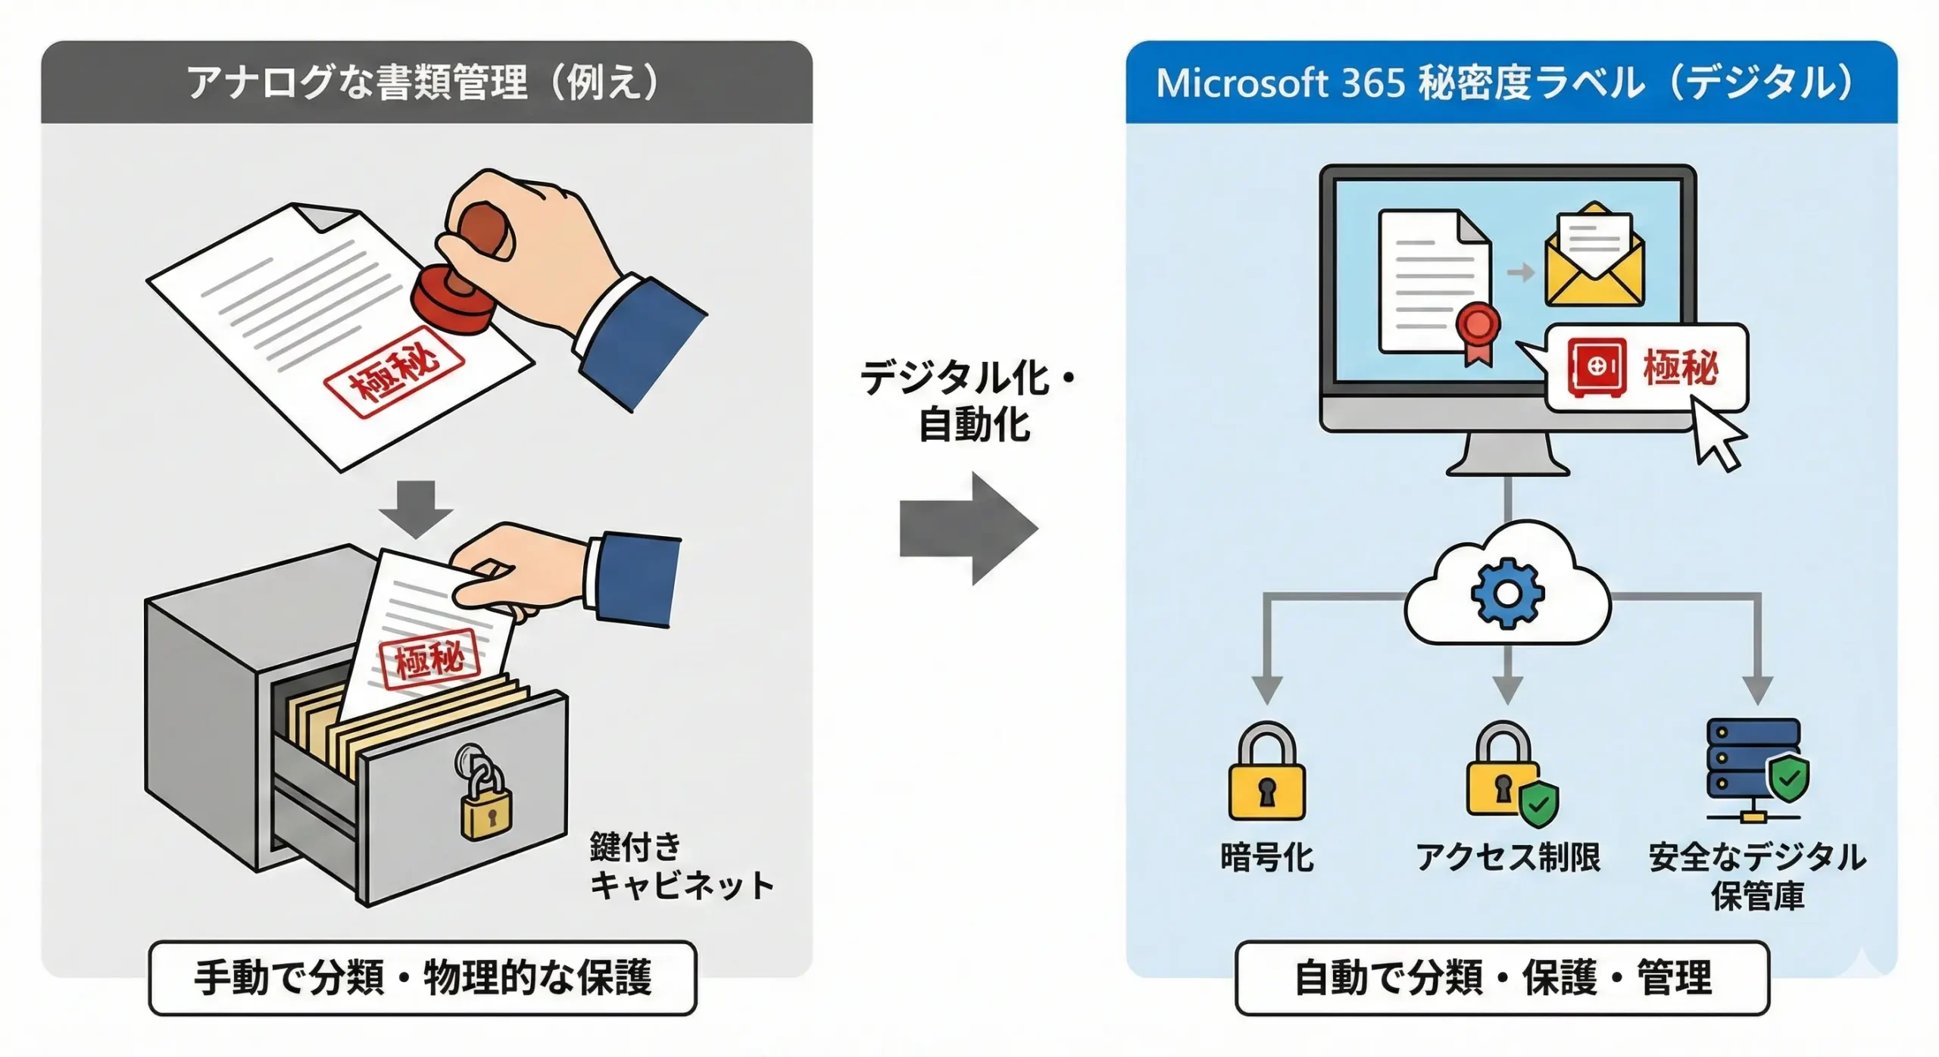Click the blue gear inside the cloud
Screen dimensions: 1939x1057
pos(1507,593)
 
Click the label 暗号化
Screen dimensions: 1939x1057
pos(1267,858)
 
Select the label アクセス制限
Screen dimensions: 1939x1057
pos(1508,858)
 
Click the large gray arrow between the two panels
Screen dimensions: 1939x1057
pos(969,528)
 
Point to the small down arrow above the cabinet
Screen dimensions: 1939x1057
pos(416,509)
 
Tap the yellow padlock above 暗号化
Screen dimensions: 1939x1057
pos(1266,772)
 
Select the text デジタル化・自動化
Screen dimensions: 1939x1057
pos(969,401)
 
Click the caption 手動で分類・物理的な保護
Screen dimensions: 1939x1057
pos(423,977)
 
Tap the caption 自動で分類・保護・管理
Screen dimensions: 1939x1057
pos(1503,977)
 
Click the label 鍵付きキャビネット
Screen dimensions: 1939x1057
pos(681,866)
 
